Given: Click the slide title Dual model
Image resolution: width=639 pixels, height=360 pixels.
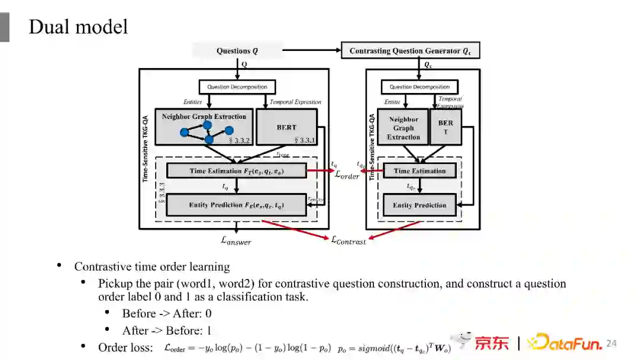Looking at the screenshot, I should click(78, 27).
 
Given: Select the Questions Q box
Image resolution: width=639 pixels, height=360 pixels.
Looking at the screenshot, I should click(237, 51).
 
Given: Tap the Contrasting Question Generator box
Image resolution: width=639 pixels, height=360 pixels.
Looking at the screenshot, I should click(410, 51).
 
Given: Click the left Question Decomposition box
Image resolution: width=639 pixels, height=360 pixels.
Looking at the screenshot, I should click(237, 87).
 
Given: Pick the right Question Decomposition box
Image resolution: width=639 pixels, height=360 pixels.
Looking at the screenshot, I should click(419, 87).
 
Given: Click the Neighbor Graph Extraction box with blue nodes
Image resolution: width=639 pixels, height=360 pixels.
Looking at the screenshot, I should click(204, 126).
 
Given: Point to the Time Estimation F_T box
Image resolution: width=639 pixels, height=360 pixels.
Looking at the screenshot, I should click(237, 171).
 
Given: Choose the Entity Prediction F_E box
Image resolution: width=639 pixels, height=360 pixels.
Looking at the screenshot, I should click(237, 205).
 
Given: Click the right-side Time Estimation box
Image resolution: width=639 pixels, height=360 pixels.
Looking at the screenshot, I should click(419, 171).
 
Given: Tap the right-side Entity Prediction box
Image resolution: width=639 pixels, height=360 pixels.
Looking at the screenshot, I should click(419, 205).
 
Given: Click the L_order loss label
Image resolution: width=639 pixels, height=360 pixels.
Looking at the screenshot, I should click(347, 175).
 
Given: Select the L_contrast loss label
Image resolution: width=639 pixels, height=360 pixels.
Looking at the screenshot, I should click(348, 240).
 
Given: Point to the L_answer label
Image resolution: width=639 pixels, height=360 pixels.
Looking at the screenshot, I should click(236, 240).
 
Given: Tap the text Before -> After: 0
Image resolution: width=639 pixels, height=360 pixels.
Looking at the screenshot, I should click(166, 313).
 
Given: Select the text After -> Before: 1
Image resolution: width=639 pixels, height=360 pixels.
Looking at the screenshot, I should click(166, 330).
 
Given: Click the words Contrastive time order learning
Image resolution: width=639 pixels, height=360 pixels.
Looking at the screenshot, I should click(151, 266).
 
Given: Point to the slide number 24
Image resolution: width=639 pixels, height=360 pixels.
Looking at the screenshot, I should click(611, 343).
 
